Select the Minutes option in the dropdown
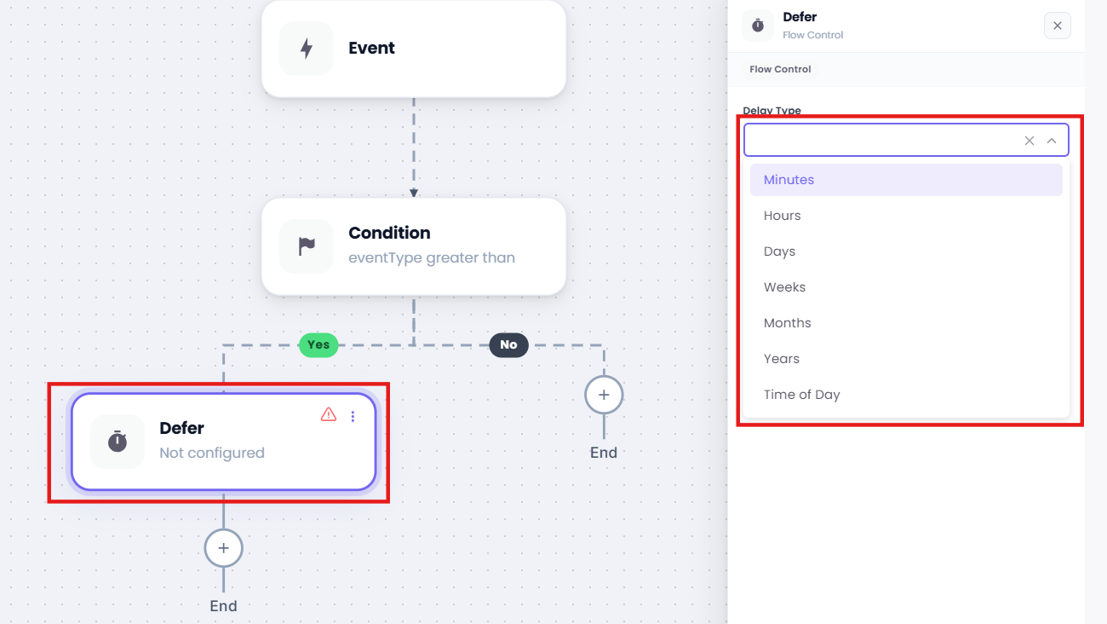pos(906,180)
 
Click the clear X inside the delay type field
pos(1030,141)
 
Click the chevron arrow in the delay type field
pos(1052,141)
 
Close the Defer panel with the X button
pos(1058,26)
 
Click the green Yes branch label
pos(318,345)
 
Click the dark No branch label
pos(509,345)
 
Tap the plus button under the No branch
pos(604,395)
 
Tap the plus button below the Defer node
pos(223,548)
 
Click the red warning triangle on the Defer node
pos(329,414)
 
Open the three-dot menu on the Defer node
pos(353,417)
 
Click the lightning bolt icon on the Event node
pos(307,49)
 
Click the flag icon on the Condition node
pos(307,246)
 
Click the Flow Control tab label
pos(780,69)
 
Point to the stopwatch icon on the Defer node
pos(118,442)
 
